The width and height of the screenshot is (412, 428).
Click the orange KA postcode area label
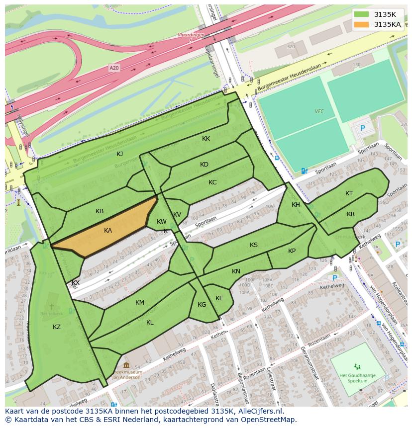coord(108,231)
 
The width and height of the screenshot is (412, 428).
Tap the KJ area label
coord(119,154)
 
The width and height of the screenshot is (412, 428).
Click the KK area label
coord(206,139)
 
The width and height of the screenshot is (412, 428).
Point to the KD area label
coord(204,165)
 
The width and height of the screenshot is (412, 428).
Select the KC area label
coord(212,182)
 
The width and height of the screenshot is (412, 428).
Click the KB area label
coord(100,211)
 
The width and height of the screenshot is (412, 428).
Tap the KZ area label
coord(57,327)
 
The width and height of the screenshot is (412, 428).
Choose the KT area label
coord(349,193)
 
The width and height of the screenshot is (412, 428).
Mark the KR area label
coord(351,214)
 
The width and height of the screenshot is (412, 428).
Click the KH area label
coord(296,205)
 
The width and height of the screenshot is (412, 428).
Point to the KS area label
coord(254,245)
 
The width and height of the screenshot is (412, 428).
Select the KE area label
coord(219,298)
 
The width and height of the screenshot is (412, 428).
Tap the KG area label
coord(202,305)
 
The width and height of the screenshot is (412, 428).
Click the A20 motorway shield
coord(114,68)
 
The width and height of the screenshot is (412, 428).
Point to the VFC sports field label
coord(319,111)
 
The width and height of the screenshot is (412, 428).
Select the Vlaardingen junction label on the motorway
coord(191,35)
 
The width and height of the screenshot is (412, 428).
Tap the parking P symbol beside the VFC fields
coord(362,128)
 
